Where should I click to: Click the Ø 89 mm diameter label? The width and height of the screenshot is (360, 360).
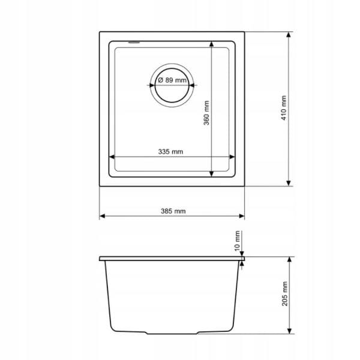172,80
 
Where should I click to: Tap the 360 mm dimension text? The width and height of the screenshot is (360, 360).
206,113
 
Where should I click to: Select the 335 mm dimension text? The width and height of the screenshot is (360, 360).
170,152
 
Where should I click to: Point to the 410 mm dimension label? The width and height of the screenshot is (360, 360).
284,108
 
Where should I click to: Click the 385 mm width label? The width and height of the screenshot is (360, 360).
173,211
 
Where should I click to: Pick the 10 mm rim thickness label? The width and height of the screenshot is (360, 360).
237,241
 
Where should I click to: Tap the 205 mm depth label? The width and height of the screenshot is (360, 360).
284,293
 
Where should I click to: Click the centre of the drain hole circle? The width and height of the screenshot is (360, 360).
172,85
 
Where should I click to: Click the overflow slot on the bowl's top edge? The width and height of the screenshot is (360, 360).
135,42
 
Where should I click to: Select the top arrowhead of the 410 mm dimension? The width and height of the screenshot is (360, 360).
289,34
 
